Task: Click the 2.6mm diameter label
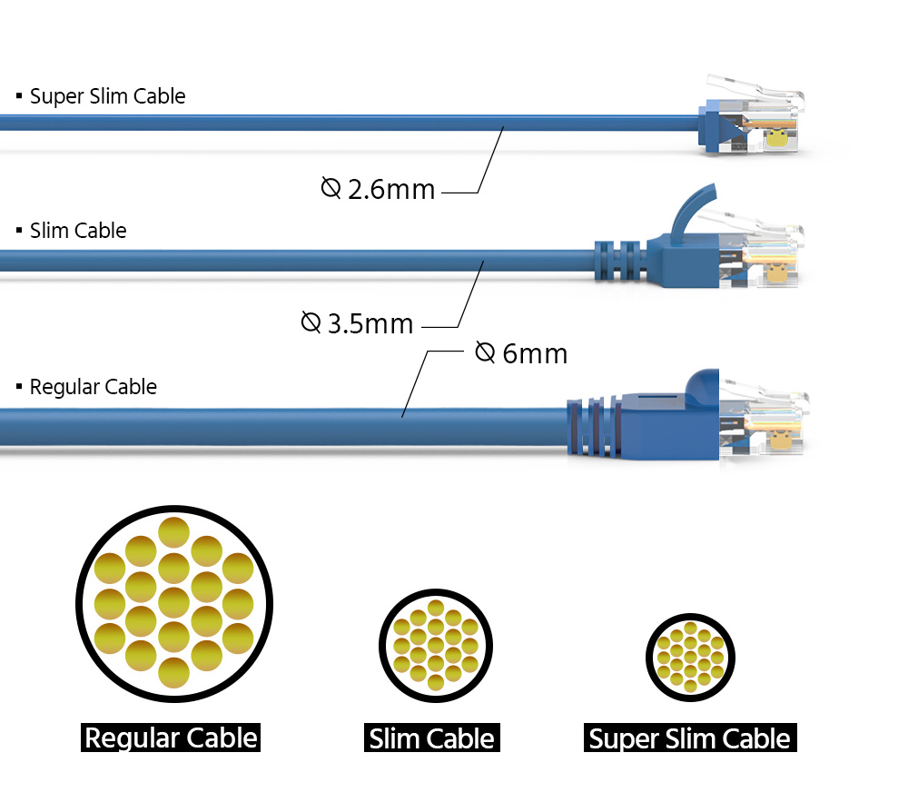pyautogui.click(x=378, y=189)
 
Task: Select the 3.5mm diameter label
pyautogui.click(x=357, y=323)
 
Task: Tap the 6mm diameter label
pyautogui.click(x=521, y=353)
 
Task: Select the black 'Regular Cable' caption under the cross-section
pyautogui.click(x=171, y=738)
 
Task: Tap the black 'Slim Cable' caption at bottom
pyautogui.click(x=432, y=738)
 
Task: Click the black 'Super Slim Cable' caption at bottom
pyautogui.click(x=690, y=738)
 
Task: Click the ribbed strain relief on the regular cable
pyautogui.click(x=595, y=426)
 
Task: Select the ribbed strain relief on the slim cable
pyautogui.click(x=620, y=262)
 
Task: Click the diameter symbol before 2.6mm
pyautogui.click(x=331, y=188)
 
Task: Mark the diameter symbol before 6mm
pyautogui.click(x=485, y=352)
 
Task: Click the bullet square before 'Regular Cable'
pyautogui.click(x=19, y=386)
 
